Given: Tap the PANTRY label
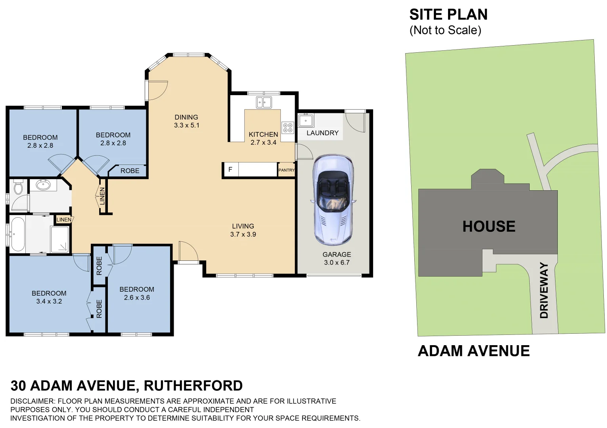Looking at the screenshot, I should (286, 170).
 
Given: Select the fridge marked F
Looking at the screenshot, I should (230, 170).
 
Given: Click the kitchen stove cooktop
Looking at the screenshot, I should (287, 128).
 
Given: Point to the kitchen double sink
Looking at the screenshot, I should (264, 103).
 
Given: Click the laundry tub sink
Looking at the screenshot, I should (306, 120).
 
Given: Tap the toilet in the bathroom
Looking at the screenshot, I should (18, 187).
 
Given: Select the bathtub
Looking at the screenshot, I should (17, 234).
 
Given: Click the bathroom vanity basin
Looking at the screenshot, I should (43, 185).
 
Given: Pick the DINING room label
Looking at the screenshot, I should (186, 117).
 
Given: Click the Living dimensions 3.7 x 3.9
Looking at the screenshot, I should (243, 234).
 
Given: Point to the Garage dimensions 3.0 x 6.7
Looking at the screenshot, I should (337, 262).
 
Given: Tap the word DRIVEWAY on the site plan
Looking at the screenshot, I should (544, 290).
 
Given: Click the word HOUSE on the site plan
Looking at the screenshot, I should (489, 226).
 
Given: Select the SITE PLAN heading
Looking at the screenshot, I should (448, 15).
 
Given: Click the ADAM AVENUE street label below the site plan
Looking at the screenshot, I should (474, 351).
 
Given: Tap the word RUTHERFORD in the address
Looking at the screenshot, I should (193, 386).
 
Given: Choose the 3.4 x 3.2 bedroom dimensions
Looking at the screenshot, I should (49, 301).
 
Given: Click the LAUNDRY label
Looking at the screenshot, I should (322, 133).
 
